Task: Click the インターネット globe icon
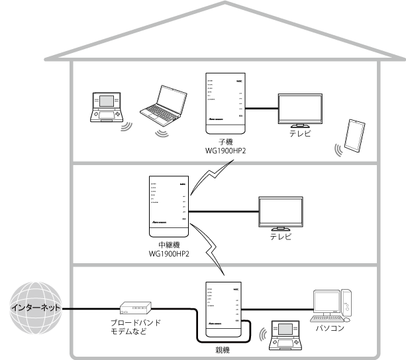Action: [x=36, y=308]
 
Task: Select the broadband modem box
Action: [x=135, y=308]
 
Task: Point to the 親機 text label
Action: [x=222, y=347]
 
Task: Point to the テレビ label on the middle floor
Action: [x=281, y=237]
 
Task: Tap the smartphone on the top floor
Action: [x=354, y=136]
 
